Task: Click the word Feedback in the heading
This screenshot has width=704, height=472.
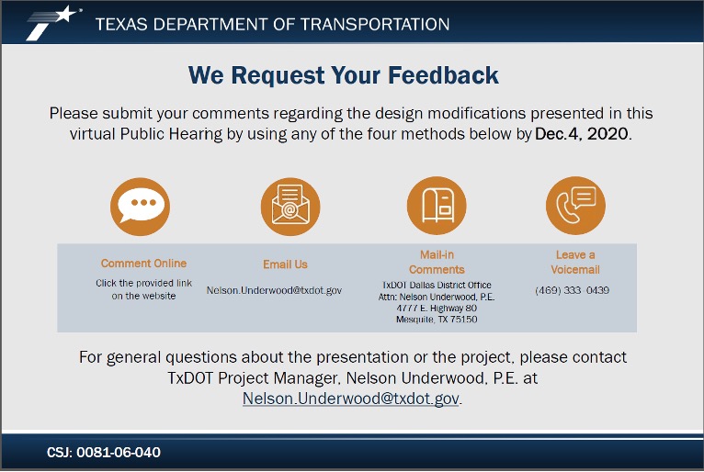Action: [443, 75]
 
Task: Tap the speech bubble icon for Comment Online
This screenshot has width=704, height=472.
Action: [140, 207]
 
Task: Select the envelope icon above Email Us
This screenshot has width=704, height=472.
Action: [290, 207]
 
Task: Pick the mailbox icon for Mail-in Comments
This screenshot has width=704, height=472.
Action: [437, 206]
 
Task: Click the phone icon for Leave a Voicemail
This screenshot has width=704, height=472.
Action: [575, 206]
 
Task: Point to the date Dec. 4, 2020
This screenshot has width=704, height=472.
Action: [582, 134]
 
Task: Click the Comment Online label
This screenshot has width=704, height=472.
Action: [143, 264]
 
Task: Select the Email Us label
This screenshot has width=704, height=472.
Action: [285, 264]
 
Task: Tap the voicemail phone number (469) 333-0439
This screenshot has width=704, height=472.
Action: [572, 290]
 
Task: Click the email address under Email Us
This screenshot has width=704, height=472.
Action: [274, 290]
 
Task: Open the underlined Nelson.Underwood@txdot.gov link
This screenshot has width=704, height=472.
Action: [351, 399]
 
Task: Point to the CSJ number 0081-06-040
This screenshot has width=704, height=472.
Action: [119, 453]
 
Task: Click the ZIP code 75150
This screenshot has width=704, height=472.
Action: [464, 320]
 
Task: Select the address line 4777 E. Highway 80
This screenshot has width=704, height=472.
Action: [437, 309]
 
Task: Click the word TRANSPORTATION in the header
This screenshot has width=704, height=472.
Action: [375, 24]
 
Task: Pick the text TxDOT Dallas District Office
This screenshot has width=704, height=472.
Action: [437, 285]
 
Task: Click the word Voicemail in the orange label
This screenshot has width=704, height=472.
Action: [575, 270]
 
